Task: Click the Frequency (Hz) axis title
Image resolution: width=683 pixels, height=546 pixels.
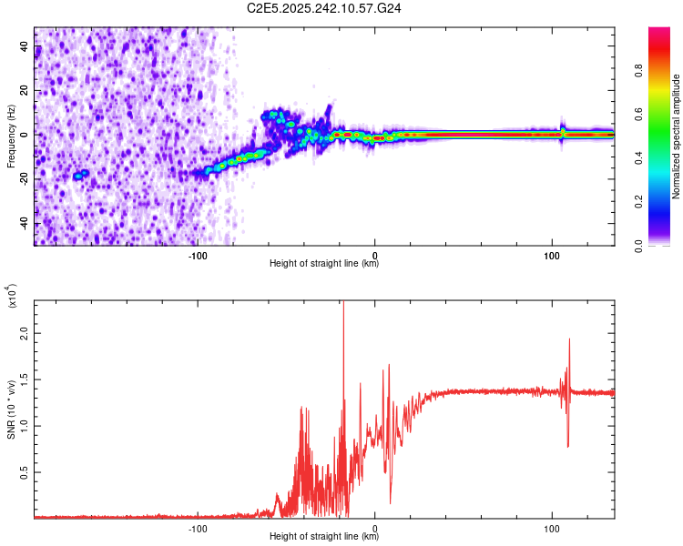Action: click(x=11, y=136)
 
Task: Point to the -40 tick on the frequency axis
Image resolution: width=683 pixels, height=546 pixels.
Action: click(x=25, y=224)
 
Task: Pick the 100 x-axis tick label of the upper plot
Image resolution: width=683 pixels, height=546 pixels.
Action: click(x=551, y=254)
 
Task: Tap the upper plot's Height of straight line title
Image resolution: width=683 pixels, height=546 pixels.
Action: click(x=324, y=264)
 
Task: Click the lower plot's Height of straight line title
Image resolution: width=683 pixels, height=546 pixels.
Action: click(x=324, y=537)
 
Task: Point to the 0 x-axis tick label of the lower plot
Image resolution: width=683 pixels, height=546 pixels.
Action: click(x=375, y=527)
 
